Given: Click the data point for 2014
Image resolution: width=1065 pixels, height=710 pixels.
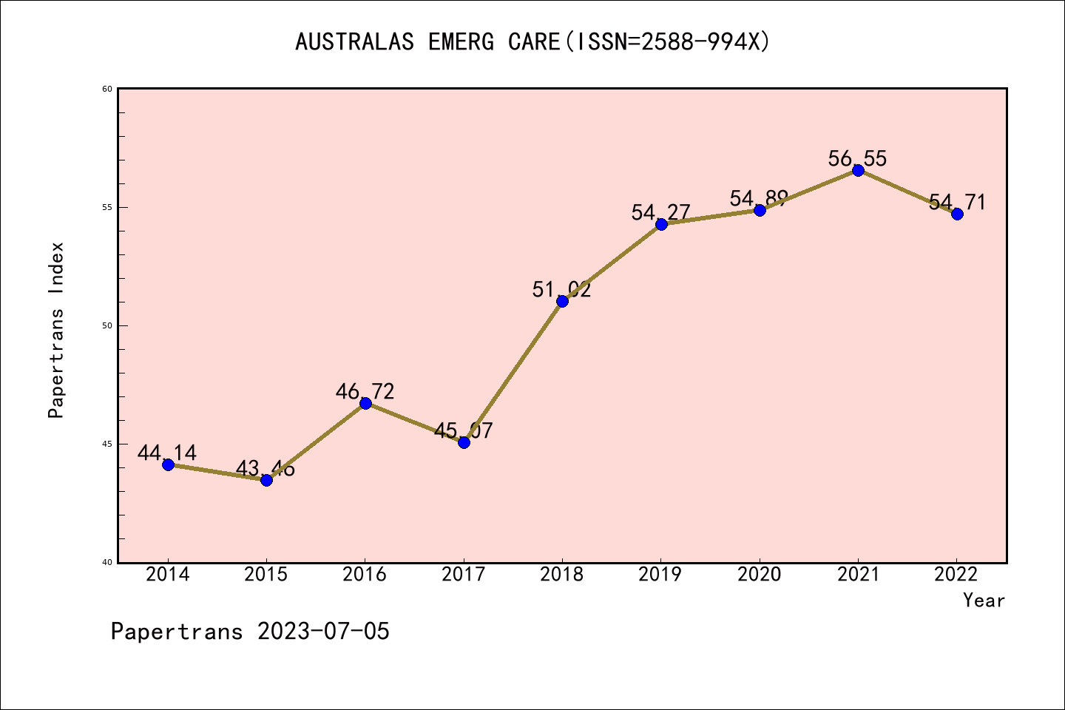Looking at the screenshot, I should point(168,464).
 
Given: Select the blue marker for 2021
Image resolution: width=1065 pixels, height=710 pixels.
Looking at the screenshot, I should point(858,170).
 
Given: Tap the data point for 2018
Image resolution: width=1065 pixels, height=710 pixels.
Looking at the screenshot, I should point(562,301).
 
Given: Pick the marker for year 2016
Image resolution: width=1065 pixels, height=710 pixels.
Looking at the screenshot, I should point(365,403).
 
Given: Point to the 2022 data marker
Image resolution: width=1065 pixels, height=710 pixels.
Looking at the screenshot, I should point(957,214).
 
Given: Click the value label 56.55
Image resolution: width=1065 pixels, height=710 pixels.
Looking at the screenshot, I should point(857,158).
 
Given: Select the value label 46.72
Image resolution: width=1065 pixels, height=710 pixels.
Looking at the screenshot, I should point(365,391).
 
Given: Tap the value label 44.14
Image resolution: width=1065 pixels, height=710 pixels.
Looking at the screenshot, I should point(167,453).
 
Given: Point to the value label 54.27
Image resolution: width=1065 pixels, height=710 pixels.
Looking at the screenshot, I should point(660,213).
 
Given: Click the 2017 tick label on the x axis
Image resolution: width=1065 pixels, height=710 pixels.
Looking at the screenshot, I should point(464,575).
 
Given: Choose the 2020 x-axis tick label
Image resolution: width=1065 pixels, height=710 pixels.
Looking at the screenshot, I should point(760,575).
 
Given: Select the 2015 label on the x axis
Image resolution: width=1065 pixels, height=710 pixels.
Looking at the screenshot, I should point(266,575).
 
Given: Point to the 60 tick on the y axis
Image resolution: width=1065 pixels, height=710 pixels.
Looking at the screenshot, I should point(107,89).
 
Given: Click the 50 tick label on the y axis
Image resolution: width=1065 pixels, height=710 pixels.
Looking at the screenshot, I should point(107,325).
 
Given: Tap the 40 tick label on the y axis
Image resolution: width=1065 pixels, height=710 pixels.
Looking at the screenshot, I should point(107,562).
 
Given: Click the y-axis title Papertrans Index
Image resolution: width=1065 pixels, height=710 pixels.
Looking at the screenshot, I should point(56,330).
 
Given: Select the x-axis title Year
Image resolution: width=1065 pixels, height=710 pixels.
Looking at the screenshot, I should point(984,601).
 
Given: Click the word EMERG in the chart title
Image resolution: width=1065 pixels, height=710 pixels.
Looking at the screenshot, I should point(461,42).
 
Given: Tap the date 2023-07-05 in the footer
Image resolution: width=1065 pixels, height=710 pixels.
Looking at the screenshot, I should point(323,632).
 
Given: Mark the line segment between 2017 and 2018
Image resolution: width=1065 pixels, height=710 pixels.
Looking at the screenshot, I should point(513,372).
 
